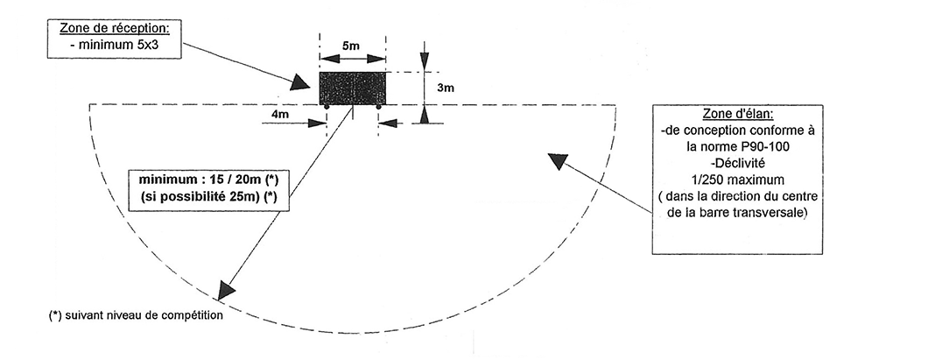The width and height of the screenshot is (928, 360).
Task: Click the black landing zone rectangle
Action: tap(353, 88)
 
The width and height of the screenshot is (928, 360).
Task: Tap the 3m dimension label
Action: tap(445, 88)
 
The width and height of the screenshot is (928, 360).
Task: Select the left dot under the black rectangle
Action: tap(327, 107)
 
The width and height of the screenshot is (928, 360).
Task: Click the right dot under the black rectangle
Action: tap(378, 107)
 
